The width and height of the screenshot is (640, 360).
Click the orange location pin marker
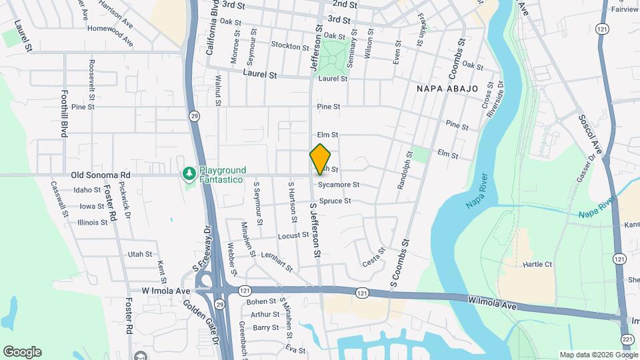pyautogui.click(x=321, y=159)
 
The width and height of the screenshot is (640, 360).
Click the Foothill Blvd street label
pyautogui.click(x=65, y=113)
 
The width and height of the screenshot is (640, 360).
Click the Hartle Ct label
pyautogui.click(x=538, y=265)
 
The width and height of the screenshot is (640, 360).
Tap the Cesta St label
pyautogui.click(x=374, y=258)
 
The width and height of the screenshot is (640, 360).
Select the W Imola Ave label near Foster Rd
pyautogui.click(x=166, y=291)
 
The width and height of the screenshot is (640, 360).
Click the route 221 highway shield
pyautogui.click(x=627, y=339)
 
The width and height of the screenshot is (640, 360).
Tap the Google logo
pyautogui.click(x=22, y=351)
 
